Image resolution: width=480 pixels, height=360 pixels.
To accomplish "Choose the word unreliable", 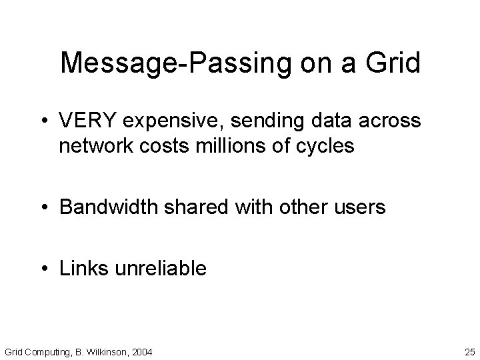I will tap(162, 269).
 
